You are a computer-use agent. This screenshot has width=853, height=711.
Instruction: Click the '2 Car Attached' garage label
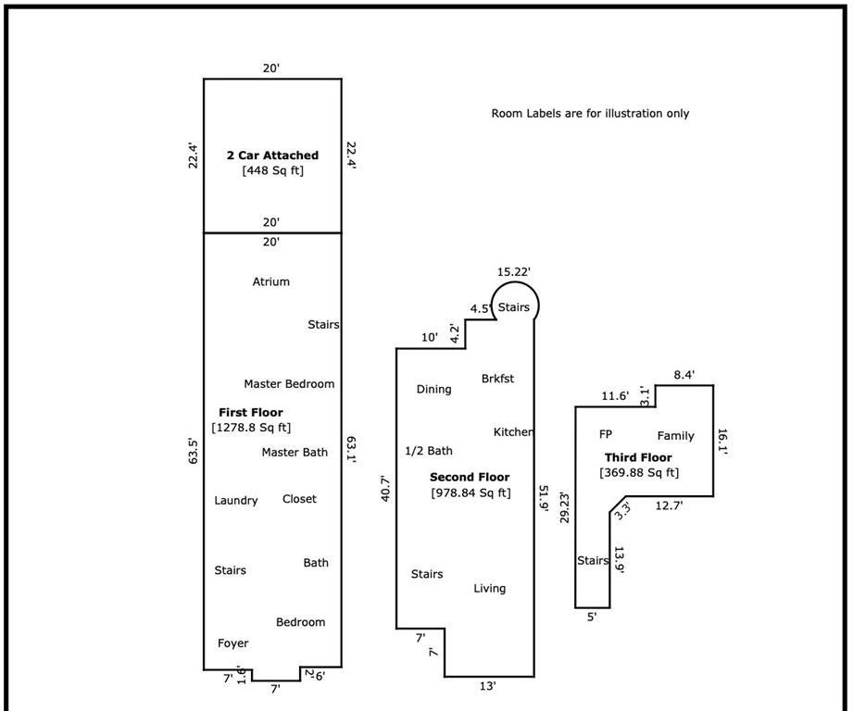pyautogui.click(x=272, y=156)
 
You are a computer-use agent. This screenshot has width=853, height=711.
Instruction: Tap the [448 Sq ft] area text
pyautogui.click(x=272, y=170)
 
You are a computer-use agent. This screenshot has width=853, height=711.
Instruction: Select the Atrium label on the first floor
pyautogui.click(x=270, y=281)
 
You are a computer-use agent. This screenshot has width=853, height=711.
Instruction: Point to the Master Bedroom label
pyautogui.click(x=289, y=384)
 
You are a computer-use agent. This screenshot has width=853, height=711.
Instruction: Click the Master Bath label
pyautogui.click(x=295, y=453)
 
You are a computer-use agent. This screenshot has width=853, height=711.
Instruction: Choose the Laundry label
pyautogui.click(x=236, y=501)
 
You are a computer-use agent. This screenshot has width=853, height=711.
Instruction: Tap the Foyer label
pyautogui.click(x=232, y=643)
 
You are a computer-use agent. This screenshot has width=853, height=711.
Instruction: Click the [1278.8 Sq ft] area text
pyautogui.click(x=251, y=428)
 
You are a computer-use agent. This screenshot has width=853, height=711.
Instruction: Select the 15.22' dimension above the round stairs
pyautogui.click(x=514, y=272)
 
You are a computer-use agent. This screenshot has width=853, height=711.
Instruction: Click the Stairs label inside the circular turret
pyautogui.click(x=514, y=307)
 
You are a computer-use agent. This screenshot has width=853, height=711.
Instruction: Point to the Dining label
pyautogui.click(x=433, y=390)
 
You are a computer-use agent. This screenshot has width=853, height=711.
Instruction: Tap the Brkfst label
pyautogui.click(x=497, y=379)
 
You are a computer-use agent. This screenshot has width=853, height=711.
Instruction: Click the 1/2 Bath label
pyautogui.click(x=429, y=452)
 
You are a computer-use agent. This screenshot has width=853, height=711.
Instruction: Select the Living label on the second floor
pyautogui.click(x=490, y=589)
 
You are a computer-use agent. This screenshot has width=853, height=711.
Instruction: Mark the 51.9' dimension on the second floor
pyautogui.click(x=544, y=498)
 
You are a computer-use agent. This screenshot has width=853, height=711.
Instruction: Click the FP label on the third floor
pyautogui.click(x=606, y=434)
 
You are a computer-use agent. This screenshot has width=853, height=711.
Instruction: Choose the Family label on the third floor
pyautogui.click(x=675, y=436)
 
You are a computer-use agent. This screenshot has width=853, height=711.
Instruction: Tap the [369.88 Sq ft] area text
pyautogui.click(x=638, y=473)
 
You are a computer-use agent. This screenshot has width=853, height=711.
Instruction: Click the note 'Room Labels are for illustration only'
pyautogui.click(x=590, y=114)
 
